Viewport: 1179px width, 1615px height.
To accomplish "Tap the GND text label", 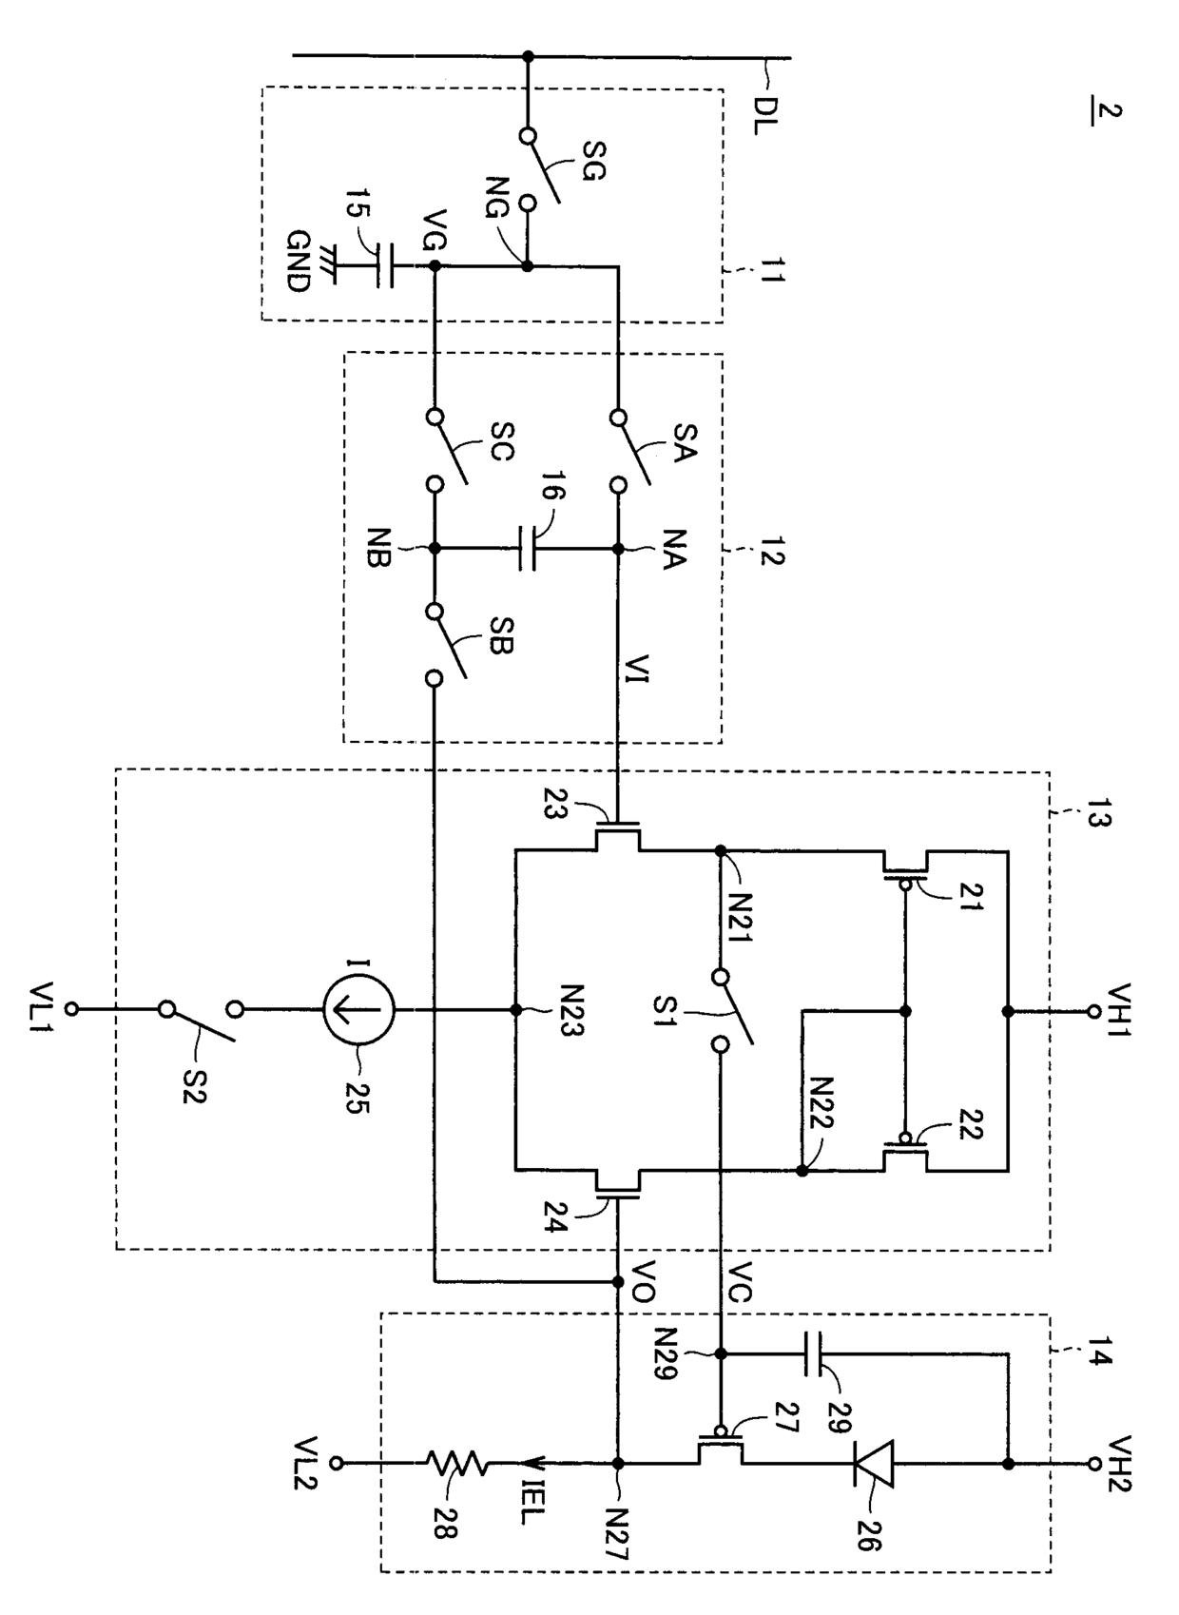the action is [298, 261].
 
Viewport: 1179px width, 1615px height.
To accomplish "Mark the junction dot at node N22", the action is [802, 1171].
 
